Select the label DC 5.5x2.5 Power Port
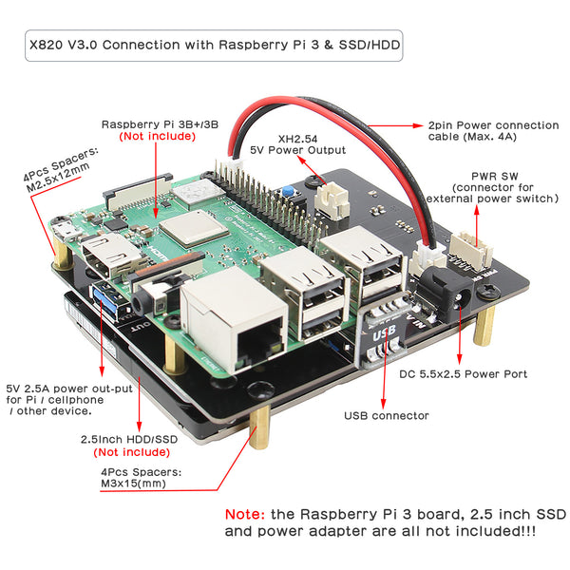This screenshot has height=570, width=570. point(464,373)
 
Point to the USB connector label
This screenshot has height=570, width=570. point(386,415)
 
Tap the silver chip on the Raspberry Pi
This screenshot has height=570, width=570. point(188,232)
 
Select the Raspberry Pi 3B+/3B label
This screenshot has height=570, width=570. point(159,124)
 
